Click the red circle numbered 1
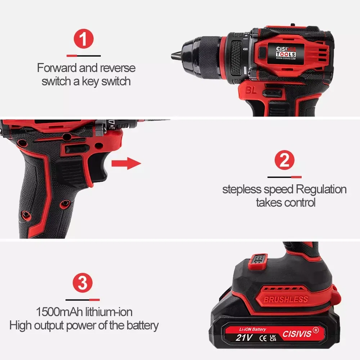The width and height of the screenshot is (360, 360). click(x=84, y=40)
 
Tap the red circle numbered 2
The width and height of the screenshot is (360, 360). click(x=284, y=161)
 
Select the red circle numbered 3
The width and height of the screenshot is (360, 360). click(x=83, y=284)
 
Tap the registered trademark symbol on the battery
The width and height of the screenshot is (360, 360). click(x=316, y=329)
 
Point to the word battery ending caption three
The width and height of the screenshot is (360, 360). click(x=143, y=326)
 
